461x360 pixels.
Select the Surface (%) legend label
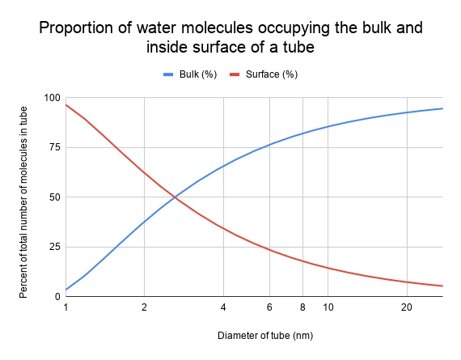(x=273, y=74)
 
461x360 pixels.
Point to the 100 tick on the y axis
(x=53, y=98)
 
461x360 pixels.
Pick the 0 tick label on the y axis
(x=57, y=296)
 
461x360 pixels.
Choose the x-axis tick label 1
(x=66, y=307)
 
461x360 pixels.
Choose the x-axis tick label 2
(x=144, y=307)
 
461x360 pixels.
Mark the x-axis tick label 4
(x=222, y=307)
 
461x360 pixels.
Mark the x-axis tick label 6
(x=269, y=307)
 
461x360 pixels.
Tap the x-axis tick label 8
(x=302, y=307)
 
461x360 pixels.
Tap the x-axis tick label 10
(x=328, y=307)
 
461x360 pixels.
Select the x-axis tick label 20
(x=406, y=307)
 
